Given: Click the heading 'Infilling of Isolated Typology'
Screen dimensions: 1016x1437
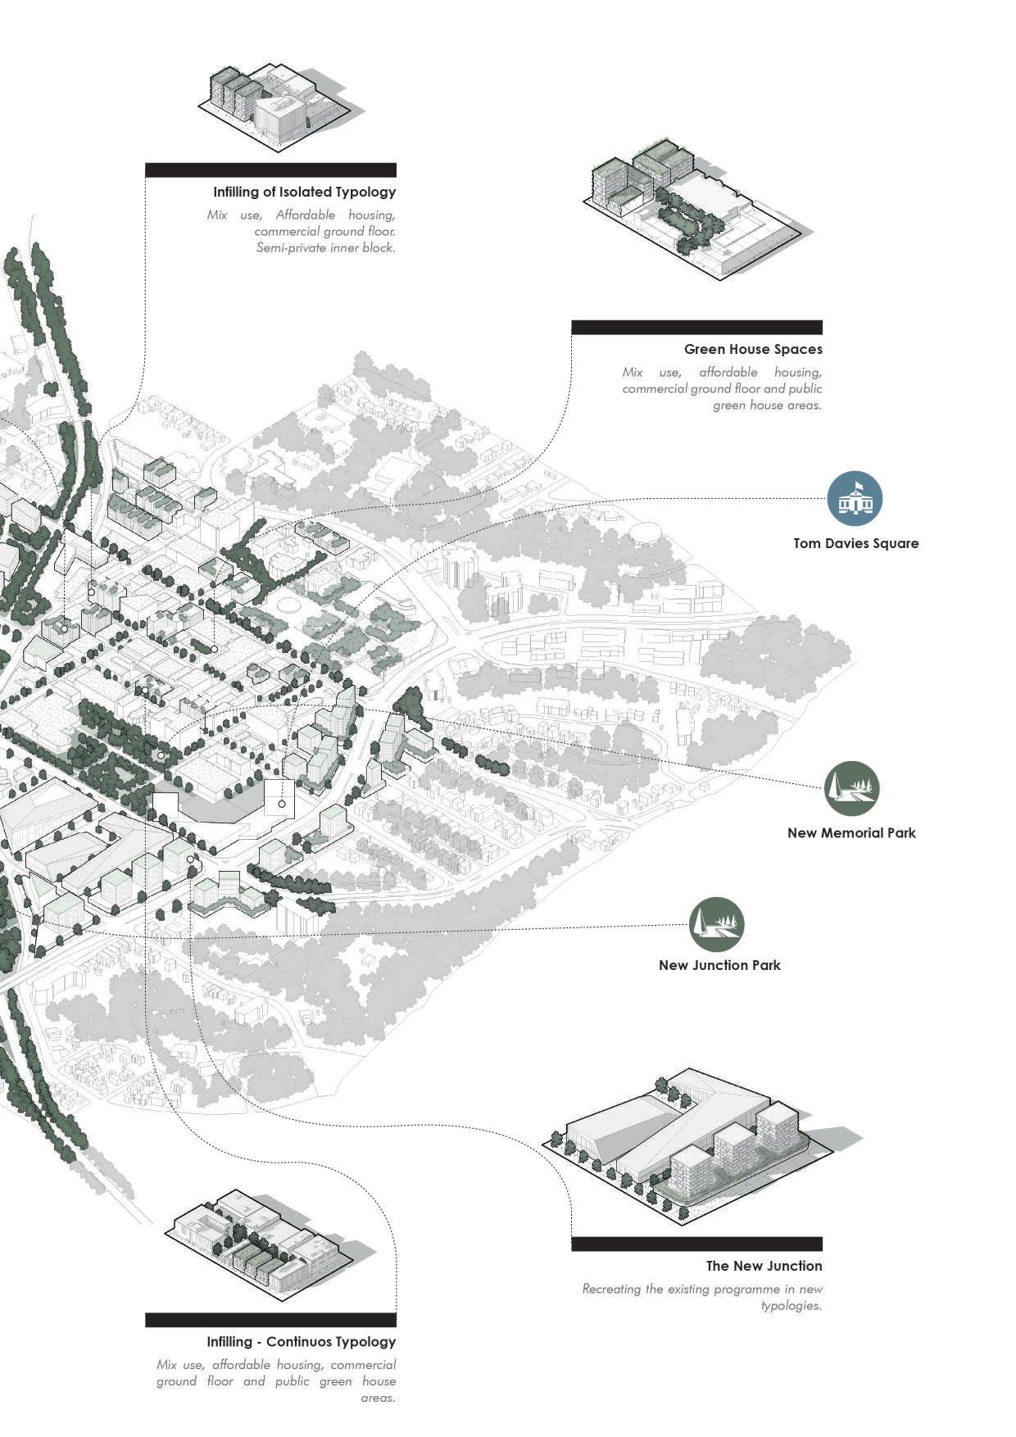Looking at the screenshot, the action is click(x=304, y=192).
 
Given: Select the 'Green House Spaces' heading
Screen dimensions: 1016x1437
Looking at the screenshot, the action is click(x=753, y=349).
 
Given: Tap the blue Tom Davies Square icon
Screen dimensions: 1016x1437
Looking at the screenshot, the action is click(x=855, y=498).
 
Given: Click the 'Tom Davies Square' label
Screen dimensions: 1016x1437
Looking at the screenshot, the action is click(x=855, y=543).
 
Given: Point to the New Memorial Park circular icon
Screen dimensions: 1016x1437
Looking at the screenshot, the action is click(x=851, y=788).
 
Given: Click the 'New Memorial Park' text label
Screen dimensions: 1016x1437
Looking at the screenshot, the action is click(x=851, y=832).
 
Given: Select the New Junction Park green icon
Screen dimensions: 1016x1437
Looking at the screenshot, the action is click(x=716, y=925).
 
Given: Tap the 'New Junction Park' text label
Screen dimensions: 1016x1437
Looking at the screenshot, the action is click(x=719, y=965).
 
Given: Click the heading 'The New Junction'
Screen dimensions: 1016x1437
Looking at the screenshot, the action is click(x=764, y=1266).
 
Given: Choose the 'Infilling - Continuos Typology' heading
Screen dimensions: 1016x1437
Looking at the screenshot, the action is click(x=301, y=1341).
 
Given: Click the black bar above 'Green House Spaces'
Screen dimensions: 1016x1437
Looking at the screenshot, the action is click(x=696, y=327).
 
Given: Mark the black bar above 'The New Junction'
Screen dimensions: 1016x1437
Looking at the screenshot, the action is click(x=696, y=1244).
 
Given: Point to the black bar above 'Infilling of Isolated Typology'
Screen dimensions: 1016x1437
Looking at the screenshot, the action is click(x=270, y=170).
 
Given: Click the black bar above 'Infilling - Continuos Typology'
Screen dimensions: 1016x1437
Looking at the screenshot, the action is click(x=270, y=1320).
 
